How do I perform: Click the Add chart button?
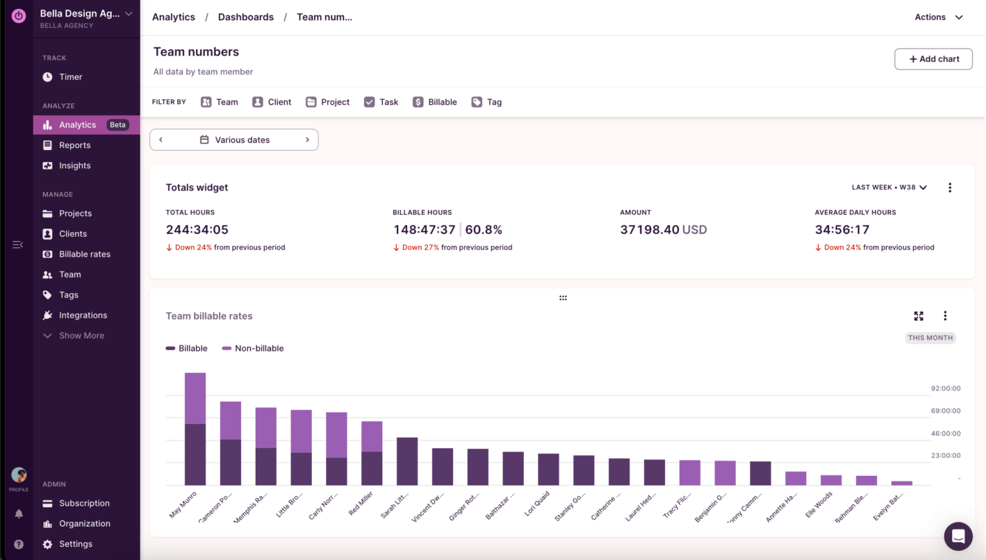coord(933,59)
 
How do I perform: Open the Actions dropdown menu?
coord(939,17)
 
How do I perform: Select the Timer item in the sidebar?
coord(70,77)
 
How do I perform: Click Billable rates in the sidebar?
coord(84,254)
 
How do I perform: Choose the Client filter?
coord(272,102)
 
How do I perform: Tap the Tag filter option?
coord(486,102)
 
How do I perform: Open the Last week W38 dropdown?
coord(889,188)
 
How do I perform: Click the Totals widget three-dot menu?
coord(950,188)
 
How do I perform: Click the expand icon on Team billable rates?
coord(919,316)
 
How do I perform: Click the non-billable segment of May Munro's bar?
coord(195,398)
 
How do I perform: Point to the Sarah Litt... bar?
coord(407,461)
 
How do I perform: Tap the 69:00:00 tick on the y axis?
coord(946,411)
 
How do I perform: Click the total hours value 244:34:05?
coord(197,230)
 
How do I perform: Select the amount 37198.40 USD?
coord(663,230)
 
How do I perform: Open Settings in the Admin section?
coord(75,544)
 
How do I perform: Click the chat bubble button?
coord(958,536)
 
